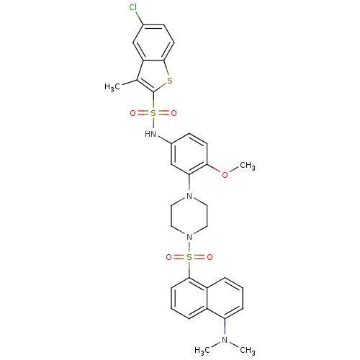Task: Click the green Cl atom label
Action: [x=133, y=7]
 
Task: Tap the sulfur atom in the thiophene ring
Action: [x=170, y=81]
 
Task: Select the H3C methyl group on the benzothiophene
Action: [x=112, y=87]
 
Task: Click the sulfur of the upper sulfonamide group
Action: [x=153, y=113]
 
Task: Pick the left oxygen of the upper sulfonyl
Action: [x=132, y=113]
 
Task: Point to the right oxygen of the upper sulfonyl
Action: [x=174, y=113]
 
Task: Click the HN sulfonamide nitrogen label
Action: [x=150, y=134]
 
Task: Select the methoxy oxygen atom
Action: [x=225, y=175]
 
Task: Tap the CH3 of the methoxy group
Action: [x=248, y=166]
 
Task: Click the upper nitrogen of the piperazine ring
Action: [x=189, y=196]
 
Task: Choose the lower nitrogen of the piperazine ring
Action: [x=189, y=237]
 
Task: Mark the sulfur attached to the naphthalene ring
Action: [x=189, y=257]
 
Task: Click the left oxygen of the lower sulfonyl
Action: [x=169, y=257]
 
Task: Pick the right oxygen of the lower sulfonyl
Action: [x=210, y=257]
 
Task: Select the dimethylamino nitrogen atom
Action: [x=225, y=340]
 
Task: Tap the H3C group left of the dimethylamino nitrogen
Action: [x=202, y=351]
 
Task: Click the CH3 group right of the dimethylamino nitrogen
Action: [x=248, y=351]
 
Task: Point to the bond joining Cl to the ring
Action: [x=140, y=18]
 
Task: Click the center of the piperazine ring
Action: [x=189, y=216]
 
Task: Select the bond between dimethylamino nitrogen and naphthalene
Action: [x=225, y=327]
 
